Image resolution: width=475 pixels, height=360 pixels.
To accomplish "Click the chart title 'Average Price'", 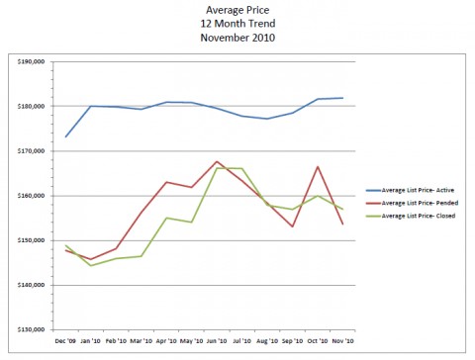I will [237, 8].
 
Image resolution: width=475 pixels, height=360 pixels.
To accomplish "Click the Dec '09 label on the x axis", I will [65, 342].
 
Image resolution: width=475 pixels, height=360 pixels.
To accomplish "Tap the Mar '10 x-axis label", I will [142, 342].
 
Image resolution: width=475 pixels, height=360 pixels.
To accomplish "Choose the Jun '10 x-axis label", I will [217, 342].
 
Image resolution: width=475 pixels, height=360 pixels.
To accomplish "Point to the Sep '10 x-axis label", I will [292, 342].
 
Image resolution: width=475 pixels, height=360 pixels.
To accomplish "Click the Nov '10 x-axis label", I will [342, 342].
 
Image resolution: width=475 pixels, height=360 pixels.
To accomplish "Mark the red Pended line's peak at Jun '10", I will [217, 161].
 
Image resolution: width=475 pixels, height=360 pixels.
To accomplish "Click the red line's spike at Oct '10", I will [318, 166].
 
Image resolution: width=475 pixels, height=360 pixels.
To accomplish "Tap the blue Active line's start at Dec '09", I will [65, 136].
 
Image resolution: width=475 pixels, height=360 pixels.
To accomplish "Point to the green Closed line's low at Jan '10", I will [91, 265].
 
